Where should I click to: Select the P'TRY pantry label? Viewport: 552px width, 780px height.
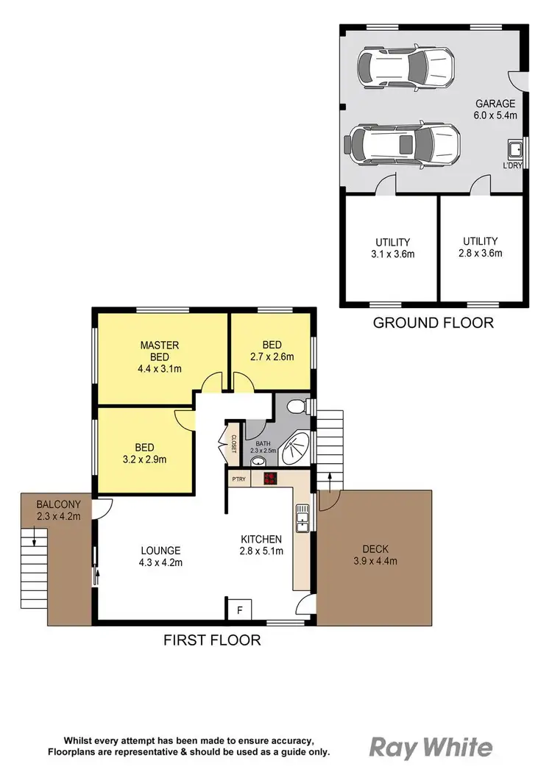pyautogui.click(x=238, y=479)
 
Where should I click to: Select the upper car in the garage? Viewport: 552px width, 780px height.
pyautogui.click(x=404, y=66)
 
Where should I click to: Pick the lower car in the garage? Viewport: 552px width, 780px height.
pyautogui.click(x=404, y=143)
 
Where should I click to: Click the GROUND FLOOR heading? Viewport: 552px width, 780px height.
pyautogui.click(x=433, y=323)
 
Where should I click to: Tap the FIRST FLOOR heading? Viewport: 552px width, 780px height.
pyautogui.click(x=212, y=640)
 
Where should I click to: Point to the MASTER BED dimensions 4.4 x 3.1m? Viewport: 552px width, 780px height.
pyautogui.click(x=160, y=370)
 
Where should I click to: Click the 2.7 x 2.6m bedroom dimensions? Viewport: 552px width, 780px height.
pyautogui.click(x=272, y=357)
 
